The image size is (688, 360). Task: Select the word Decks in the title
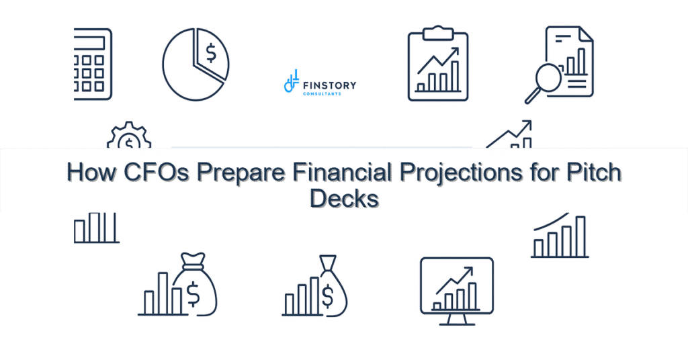click(x=344, y=198)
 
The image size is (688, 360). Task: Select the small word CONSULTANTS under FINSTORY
click(x=322, y=94)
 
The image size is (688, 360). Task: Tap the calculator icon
click(x=93, y=64)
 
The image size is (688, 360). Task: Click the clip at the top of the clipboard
click(x=438, y=31)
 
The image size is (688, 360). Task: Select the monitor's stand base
click(x=456, y=322)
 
